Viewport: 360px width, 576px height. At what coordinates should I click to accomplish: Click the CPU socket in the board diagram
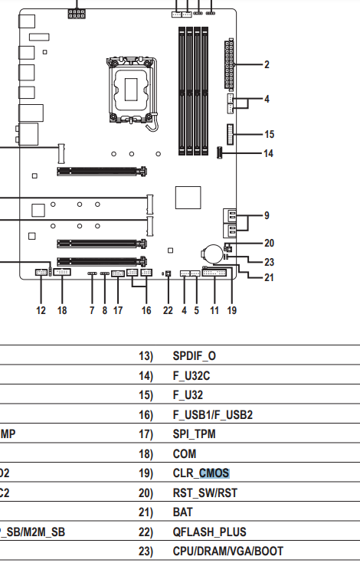[x=132, y=90]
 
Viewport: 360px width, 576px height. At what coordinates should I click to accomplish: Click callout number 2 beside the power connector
[x=267, y=64]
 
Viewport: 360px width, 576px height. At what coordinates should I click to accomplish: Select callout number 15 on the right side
[x=270, y=135]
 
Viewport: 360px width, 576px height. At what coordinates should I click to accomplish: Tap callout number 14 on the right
[x=269, y=153]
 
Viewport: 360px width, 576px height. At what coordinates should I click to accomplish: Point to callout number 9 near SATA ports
[x=267, y=215]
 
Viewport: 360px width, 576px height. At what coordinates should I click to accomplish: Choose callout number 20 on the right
[x=270, y=243]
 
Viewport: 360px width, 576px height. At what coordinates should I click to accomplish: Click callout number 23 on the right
[x=270, y=262]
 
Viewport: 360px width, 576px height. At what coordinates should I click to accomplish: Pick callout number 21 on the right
[x=270, y=277]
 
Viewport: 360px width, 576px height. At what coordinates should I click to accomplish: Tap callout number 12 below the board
[x=41, y=311]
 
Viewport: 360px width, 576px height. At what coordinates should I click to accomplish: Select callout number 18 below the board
[x=62, y=311]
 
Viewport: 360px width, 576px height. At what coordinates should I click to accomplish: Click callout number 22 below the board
[x=168, y=311]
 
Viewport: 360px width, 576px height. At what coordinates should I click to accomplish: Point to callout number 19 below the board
[x=232, y=311]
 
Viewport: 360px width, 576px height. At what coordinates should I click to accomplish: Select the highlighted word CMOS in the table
[x=214, y=473]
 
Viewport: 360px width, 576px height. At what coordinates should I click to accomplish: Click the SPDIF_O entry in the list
[x=195, y=356]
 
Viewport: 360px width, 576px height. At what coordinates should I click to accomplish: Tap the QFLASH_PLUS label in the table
[x=209, y=532]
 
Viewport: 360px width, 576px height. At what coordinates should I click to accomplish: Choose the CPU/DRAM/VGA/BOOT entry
[x=227, y=551]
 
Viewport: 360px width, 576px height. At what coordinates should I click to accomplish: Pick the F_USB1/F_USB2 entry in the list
[x=213, y=414]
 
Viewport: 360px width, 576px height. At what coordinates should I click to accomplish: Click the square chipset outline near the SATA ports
[x=188, y=198]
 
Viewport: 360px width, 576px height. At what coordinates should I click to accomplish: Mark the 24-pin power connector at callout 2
[x=229, y=64]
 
